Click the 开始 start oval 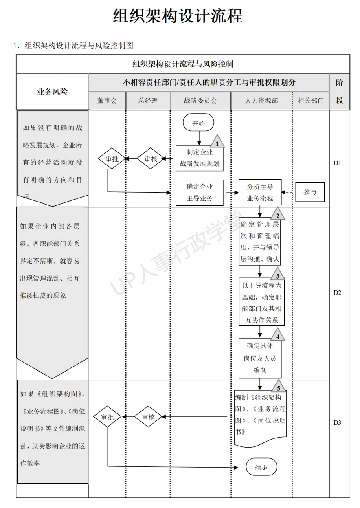pos(199,123)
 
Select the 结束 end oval pos(261,467)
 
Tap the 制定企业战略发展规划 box pos(200,158)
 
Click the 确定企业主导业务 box pos(200,193)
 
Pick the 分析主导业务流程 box pos(260,193)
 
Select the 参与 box pos(310,192)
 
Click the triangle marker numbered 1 pos(217,142)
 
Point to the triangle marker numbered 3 pos(278,275)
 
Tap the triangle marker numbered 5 pos(279,387)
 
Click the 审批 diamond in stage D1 pos(112,159)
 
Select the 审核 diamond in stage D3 pos(148,417)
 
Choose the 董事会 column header pos(107,101)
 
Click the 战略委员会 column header pos(200,101)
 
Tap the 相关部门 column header pos(311,101)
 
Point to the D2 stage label pos(337,292)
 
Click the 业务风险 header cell pos(53,92)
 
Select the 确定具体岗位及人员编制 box pos(260,358)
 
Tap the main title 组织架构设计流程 pos(178,16)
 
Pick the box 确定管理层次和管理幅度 pos(260,242)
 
